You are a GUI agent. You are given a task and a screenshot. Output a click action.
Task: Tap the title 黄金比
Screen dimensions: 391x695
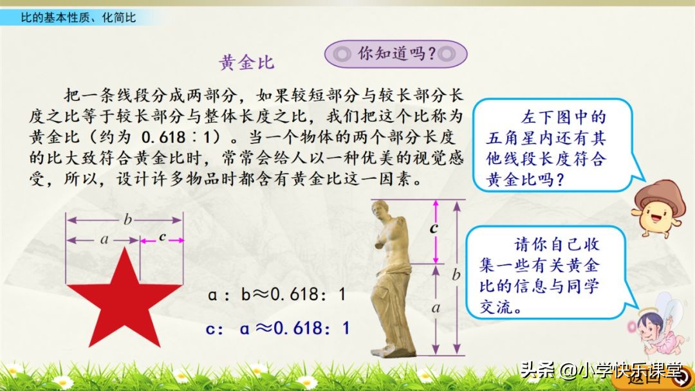tap(246, 62)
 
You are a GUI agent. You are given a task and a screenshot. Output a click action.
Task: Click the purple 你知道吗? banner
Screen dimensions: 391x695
tap(395, 54)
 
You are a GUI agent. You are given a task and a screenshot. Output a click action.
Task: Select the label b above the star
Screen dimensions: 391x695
tap(127, 220)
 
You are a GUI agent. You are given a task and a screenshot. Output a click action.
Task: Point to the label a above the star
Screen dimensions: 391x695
tap(104, 240)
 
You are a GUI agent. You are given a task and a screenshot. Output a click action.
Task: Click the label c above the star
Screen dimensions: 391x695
tap(162, 237)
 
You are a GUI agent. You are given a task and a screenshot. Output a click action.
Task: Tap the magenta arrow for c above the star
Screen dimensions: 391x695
tap(162, 241)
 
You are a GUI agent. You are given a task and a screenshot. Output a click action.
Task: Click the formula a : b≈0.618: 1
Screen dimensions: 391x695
tap(277, 295)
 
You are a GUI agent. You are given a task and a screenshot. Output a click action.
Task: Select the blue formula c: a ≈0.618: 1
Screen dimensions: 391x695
tap(277, 328)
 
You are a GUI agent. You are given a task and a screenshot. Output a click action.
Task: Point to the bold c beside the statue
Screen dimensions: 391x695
tap(434, 227)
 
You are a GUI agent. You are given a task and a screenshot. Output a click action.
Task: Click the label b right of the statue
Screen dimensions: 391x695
tap(456, 275)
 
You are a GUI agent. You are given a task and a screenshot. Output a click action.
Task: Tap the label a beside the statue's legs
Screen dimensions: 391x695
tap(436, 308)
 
